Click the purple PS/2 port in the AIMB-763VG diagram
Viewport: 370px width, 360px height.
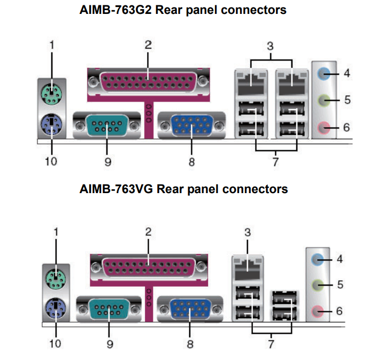[56, 309]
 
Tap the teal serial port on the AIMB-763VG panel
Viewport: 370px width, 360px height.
[109, 309]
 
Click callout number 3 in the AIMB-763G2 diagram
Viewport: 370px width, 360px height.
[271, 45]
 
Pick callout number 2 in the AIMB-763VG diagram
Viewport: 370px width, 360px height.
[148, 232]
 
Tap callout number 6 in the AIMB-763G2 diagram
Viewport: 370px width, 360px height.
[347, 127]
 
